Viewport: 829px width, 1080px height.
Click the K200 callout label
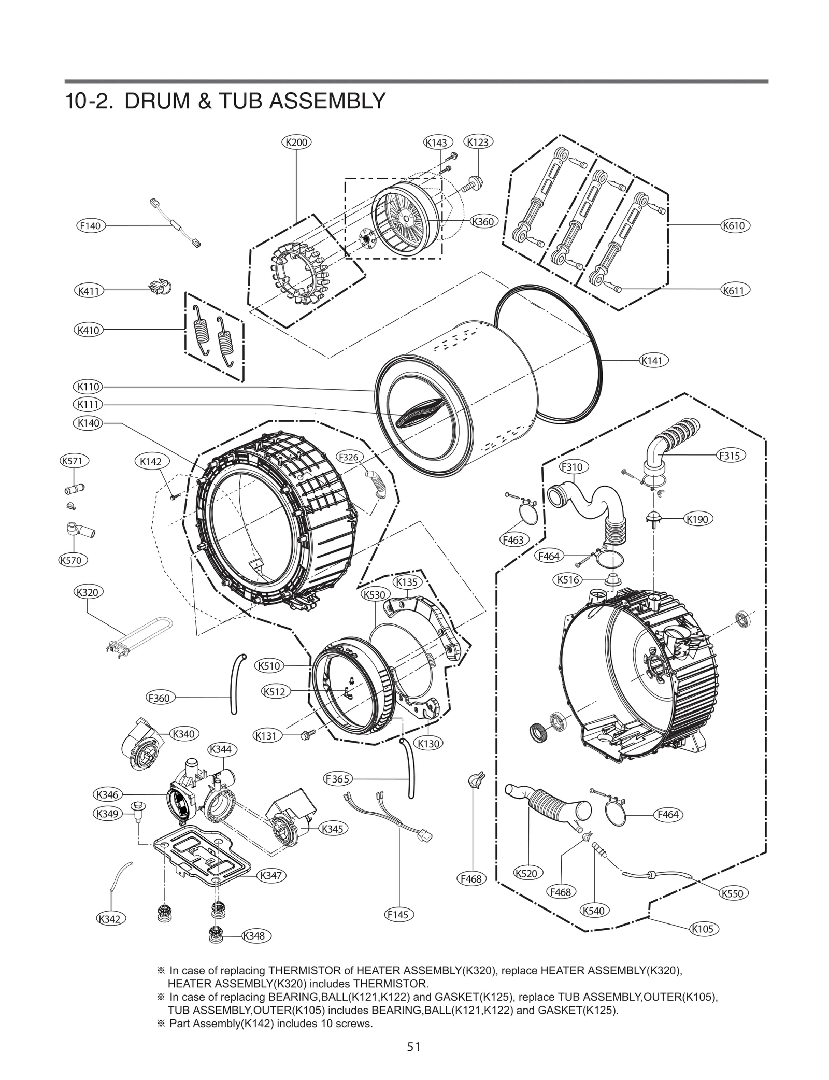click(x=296, y=142)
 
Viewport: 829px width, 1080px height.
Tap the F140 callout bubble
click(x=90, y=225)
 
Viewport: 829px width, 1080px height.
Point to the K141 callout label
click(x=652, y=360)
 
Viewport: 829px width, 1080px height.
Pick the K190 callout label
click(x=697, y=519)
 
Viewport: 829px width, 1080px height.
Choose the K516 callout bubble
click(x=568, y=580)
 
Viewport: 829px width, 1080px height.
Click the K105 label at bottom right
click(x=703, y=929)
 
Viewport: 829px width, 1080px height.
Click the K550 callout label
click(x=732, y=893)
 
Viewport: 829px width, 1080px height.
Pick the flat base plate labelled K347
click(x=202, y=855)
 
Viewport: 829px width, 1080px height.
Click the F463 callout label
click(x=513, y=539)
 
